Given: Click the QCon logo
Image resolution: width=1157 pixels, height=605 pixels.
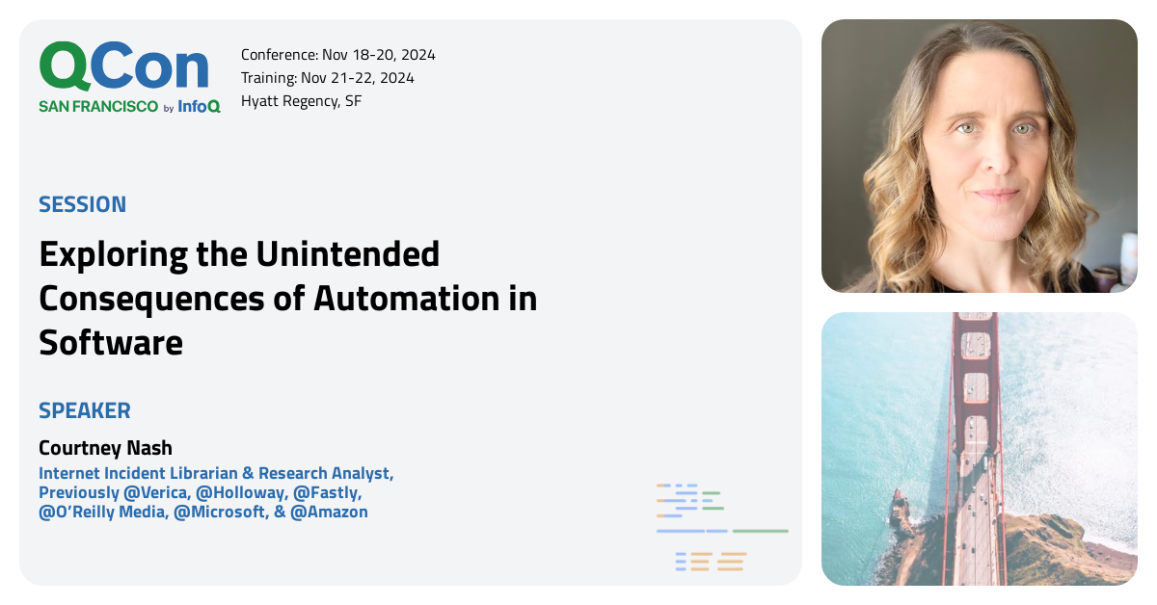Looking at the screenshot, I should coord(124,67).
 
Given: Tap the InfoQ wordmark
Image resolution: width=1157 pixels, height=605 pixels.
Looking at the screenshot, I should coord(199,107).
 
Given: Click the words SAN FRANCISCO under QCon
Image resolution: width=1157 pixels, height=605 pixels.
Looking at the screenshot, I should coord(98,107).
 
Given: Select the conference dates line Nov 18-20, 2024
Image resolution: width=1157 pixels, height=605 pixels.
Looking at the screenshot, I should coord(337,55).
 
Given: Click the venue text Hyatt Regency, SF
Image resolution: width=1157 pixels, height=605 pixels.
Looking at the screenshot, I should coord(301,101).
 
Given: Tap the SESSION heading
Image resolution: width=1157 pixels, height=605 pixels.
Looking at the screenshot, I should coord(83,204).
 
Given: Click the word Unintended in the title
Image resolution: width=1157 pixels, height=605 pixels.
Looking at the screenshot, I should coord(347,254).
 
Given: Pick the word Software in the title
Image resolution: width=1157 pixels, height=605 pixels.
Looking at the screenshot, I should coord(111,343).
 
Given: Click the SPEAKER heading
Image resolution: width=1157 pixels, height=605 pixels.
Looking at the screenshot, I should coord(85,410).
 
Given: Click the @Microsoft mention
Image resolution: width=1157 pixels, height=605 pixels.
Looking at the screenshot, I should coord(220,513).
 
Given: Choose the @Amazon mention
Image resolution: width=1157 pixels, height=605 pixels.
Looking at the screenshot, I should coord(329,513).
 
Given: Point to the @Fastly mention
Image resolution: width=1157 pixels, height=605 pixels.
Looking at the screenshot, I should coord(328,493).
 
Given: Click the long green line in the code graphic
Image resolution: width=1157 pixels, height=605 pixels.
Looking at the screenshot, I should coord(760,531).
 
